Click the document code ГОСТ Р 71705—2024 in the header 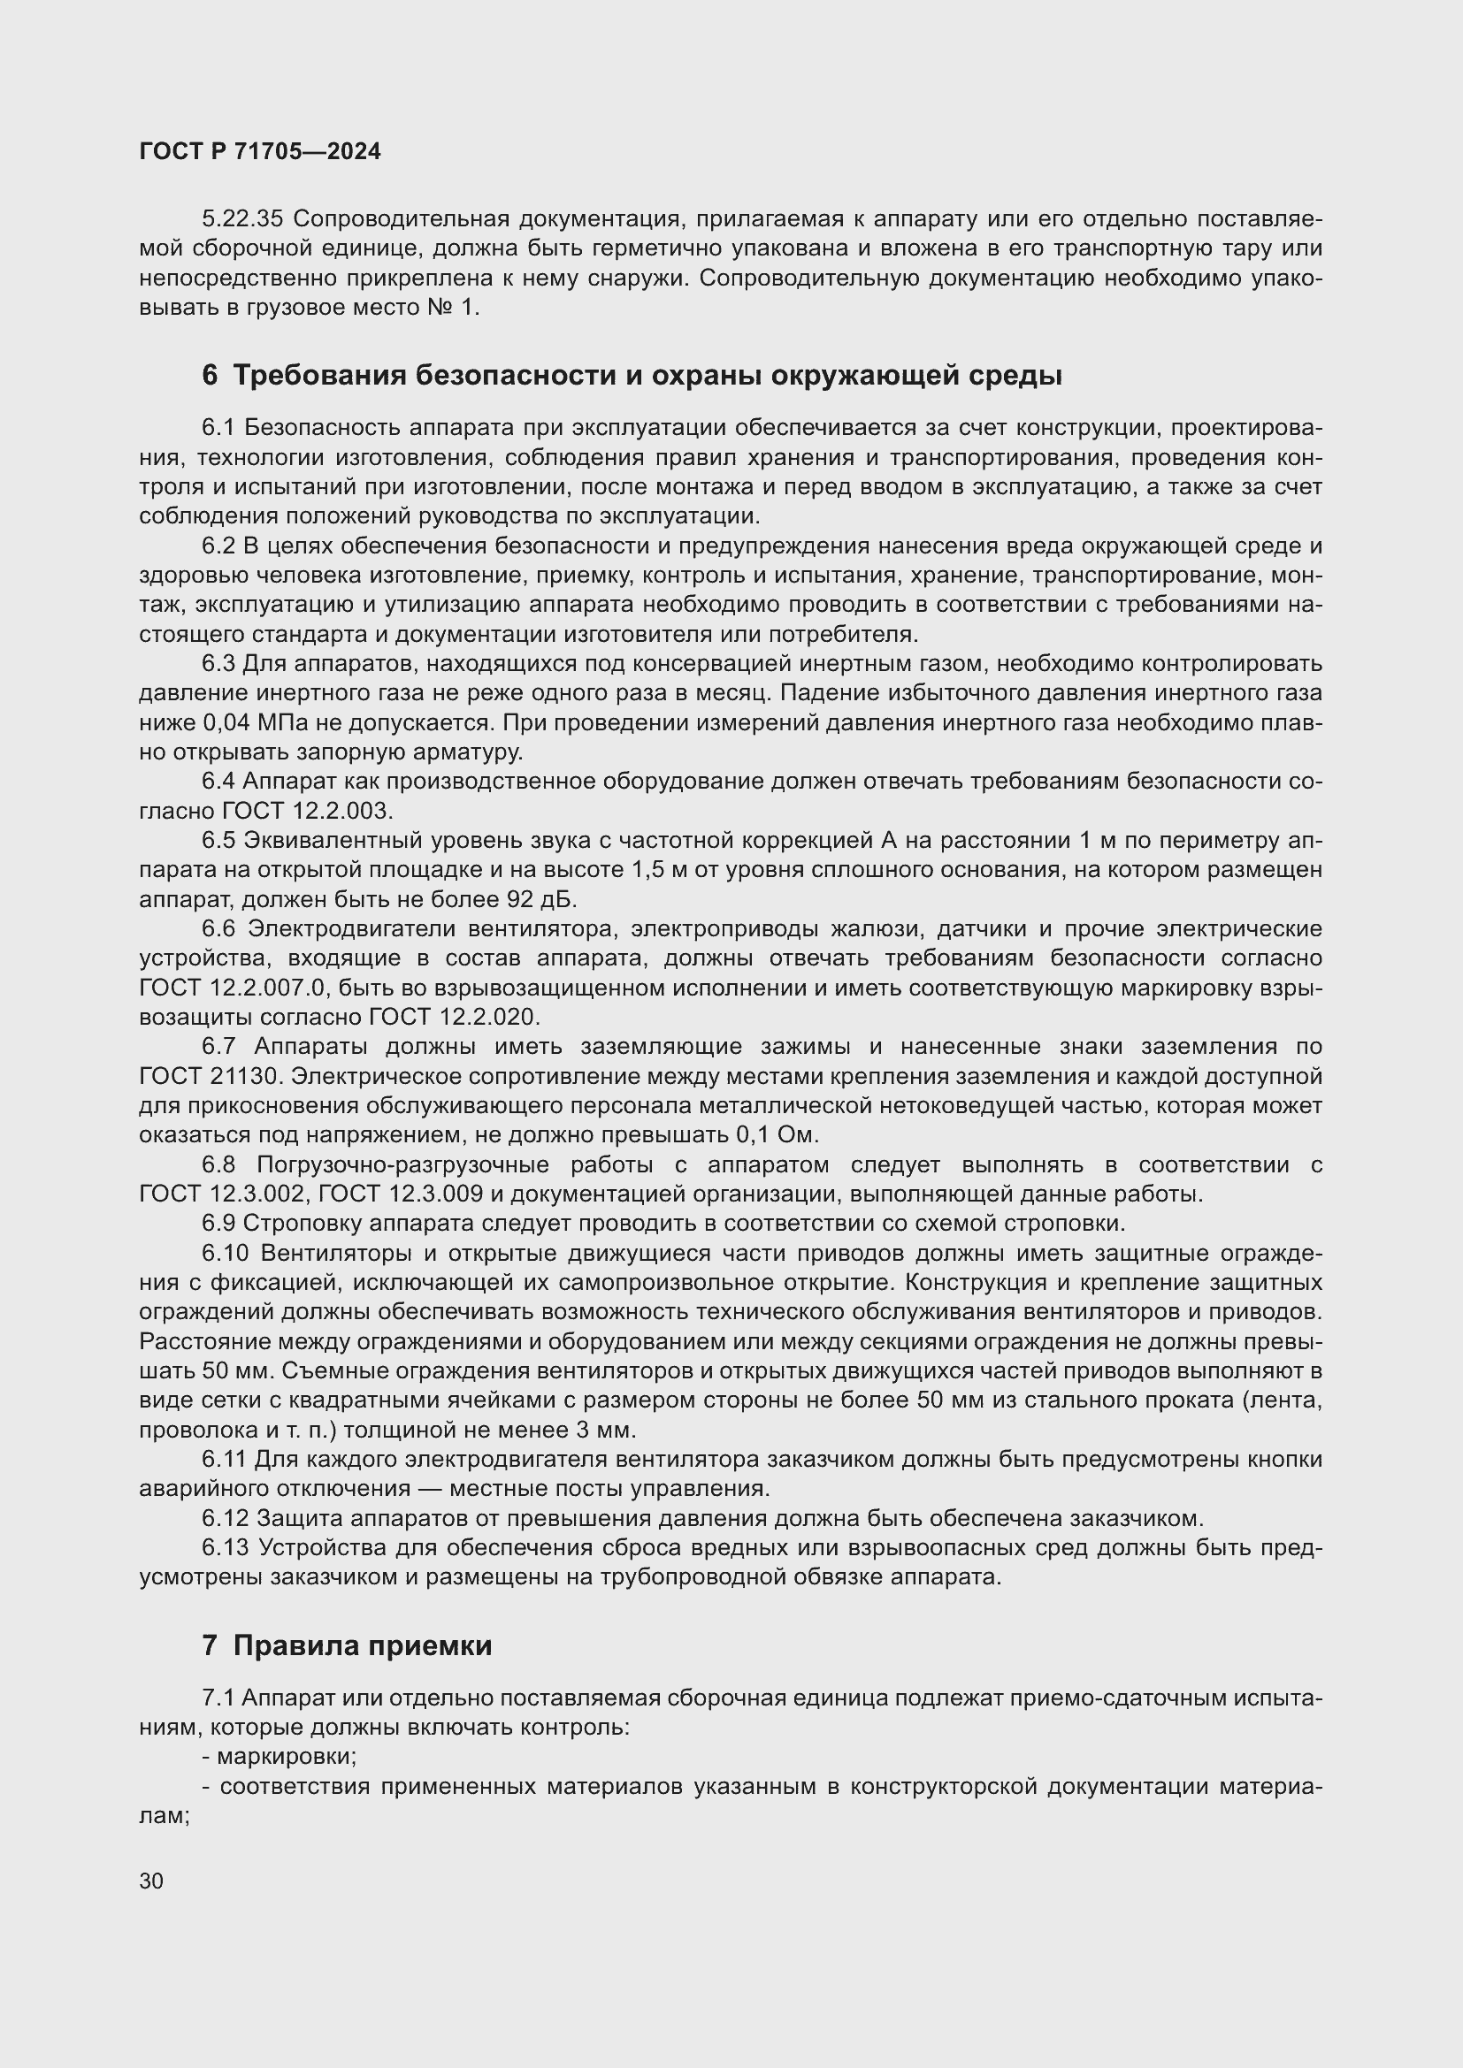pyautogui.click(x=260, y=151)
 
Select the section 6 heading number pyautogui.click(x=210, y=376)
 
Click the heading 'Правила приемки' pyautogui.click(x=362, y=1645)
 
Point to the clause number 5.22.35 pyautogui.click(x=242, y=219)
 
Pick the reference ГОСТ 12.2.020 pyautogui.click(x=454, y=1017)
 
